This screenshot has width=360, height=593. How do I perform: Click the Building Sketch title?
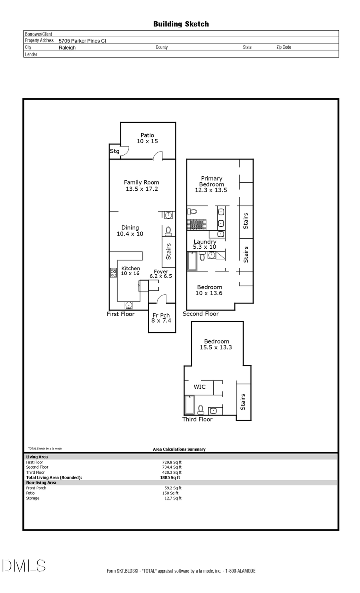(181, 24)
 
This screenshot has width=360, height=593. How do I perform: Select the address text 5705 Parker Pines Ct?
(82, 41)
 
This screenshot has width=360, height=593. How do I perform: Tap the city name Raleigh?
(67, 48)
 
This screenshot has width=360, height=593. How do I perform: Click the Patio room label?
(147, 135)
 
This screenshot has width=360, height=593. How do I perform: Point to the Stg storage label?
(114, 151)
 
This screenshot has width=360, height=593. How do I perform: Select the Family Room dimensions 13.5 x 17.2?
(142, 189)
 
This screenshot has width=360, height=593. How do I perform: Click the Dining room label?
(130, 228)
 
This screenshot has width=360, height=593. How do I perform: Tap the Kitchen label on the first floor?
(130, 268)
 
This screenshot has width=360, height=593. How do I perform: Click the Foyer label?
(161, 272)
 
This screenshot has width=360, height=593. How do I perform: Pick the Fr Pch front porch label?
(161, 315)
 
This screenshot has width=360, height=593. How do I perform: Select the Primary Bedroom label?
(211, 181)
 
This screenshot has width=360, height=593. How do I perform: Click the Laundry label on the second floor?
(205, 242)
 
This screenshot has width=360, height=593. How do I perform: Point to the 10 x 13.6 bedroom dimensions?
(209, 293)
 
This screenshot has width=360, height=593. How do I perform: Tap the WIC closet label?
(200, 387)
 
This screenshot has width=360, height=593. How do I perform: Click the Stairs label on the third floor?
(243, 402)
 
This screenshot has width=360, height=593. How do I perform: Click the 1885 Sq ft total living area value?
(170, 477)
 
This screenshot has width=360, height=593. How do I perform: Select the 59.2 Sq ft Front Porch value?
(173, 488)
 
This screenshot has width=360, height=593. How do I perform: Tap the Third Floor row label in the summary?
(35, 472)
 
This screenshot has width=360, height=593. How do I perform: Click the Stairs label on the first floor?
(168, 252)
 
